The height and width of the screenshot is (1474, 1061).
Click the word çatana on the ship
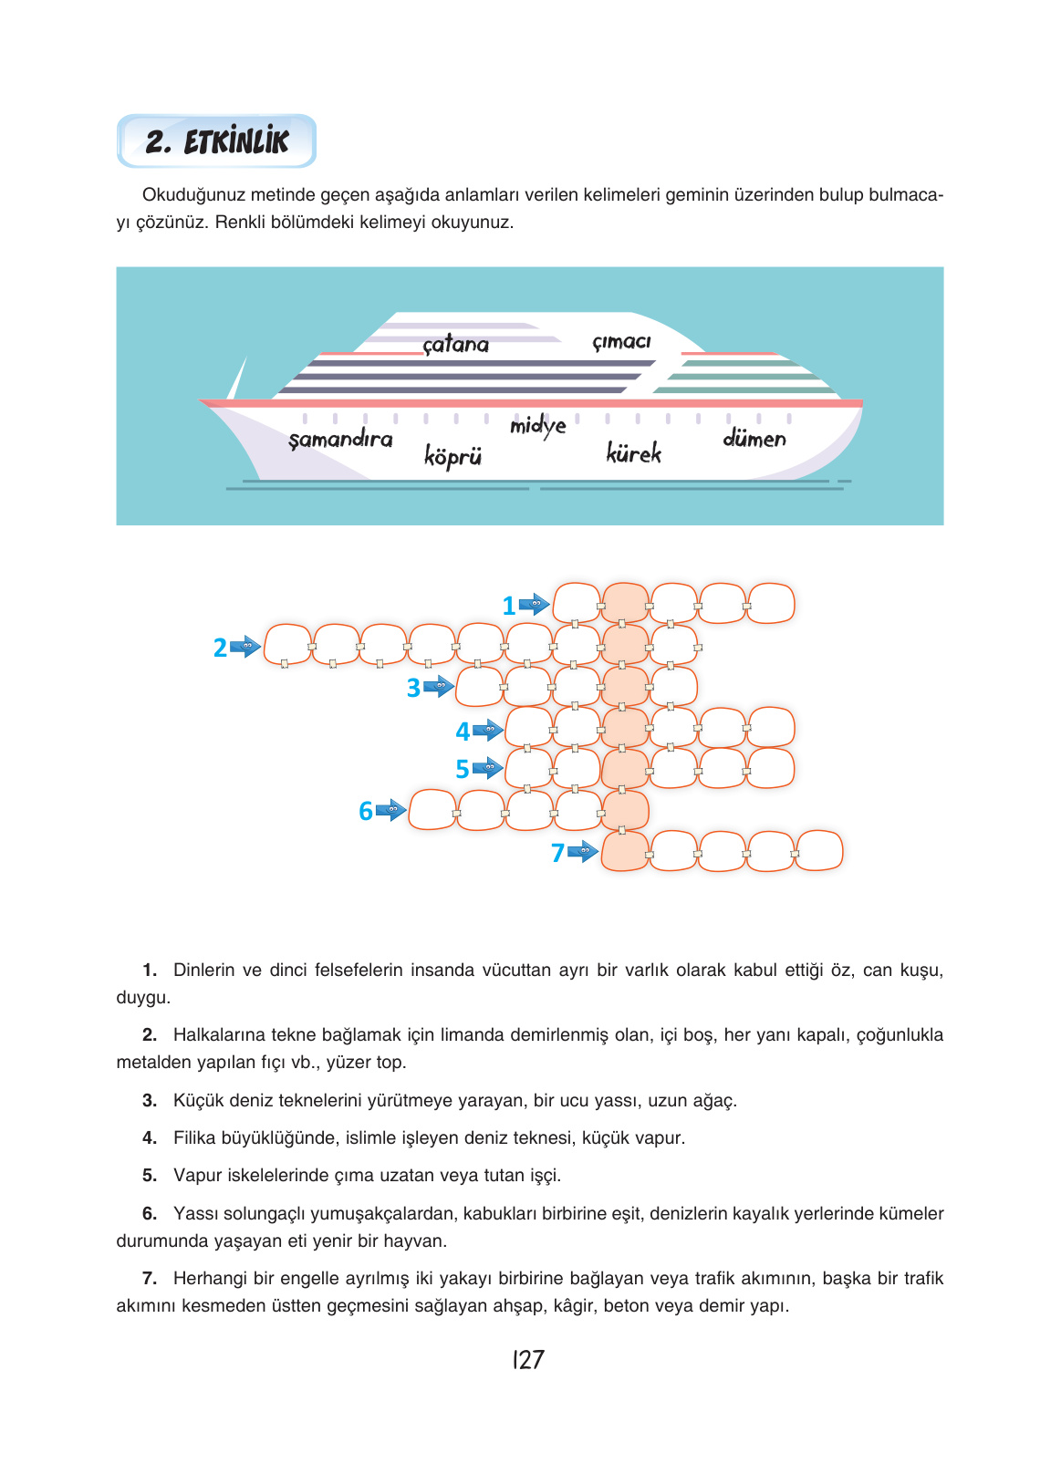coord(455,344)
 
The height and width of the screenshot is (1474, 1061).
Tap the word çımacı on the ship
coord(621,341)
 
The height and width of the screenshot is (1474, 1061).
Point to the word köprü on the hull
coord(452,456)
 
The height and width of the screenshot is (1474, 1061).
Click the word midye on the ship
coord(537,426)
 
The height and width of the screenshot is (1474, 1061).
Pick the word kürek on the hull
coord(633,452)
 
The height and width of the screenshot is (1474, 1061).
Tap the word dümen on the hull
coord(754,438)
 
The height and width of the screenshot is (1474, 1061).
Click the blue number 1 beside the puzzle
coord(509,606)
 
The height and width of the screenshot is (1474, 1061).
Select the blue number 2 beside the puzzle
coord(220,648)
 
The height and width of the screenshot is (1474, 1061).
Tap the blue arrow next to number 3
coord(438,687)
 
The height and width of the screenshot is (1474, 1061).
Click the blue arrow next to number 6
coord(391,810)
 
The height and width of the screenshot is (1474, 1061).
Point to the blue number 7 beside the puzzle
coord(557,853)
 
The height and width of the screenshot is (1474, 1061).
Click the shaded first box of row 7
coord(625,852)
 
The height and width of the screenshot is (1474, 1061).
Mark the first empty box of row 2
coord(287,645)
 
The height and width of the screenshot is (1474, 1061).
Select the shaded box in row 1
coord(625,603)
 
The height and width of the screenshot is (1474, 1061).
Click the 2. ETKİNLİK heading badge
coord(216,140)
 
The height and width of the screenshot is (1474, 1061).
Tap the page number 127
coord(528,1359)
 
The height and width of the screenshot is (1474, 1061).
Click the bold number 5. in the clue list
coord(150,1175)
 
